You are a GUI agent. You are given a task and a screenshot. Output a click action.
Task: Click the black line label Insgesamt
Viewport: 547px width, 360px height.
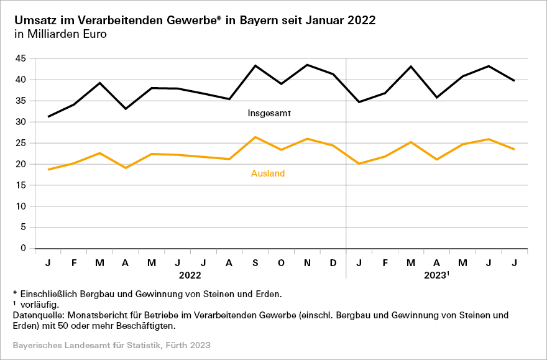tap(270, 114)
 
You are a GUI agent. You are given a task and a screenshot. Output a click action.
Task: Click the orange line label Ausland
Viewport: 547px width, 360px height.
tap(268, 173)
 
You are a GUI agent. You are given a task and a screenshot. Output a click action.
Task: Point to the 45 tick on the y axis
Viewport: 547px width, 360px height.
tap(21, 58)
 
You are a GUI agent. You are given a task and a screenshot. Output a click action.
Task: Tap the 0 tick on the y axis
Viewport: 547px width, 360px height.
tap(23, 249)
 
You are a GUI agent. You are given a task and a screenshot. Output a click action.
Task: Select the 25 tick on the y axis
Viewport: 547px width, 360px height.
tap(21, 143)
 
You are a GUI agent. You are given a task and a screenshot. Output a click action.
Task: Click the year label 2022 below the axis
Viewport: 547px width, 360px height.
tap(190, 274)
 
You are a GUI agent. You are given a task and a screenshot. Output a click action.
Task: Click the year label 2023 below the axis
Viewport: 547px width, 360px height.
tap(435, 274)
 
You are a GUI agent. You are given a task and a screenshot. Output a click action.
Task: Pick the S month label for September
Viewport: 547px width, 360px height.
tap(255, 263)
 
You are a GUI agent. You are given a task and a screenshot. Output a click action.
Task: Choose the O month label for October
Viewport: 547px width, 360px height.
tap(282, 263)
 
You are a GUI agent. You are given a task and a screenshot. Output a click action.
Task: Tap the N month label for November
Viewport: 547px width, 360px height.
tap(308, 263)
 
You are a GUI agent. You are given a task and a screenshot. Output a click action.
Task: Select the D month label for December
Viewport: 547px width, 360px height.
tap(333, 263)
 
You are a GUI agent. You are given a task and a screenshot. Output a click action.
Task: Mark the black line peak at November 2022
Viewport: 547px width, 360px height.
tap(308, 65)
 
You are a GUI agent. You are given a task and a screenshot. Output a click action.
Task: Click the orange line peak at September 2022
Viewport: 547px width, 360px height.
tap(255, 137)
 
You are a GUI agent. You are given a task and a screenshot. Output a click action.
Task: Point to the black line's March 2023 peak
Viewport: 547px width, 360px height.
tap(411, 67)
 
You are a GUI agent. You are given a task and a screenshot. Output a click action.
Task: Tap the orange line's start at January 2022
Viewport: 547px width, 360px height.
tap(48, 169)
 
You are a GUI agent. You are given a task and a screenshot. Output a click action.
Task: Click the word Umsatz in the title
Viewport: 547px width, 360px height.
tap(33, 20)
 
